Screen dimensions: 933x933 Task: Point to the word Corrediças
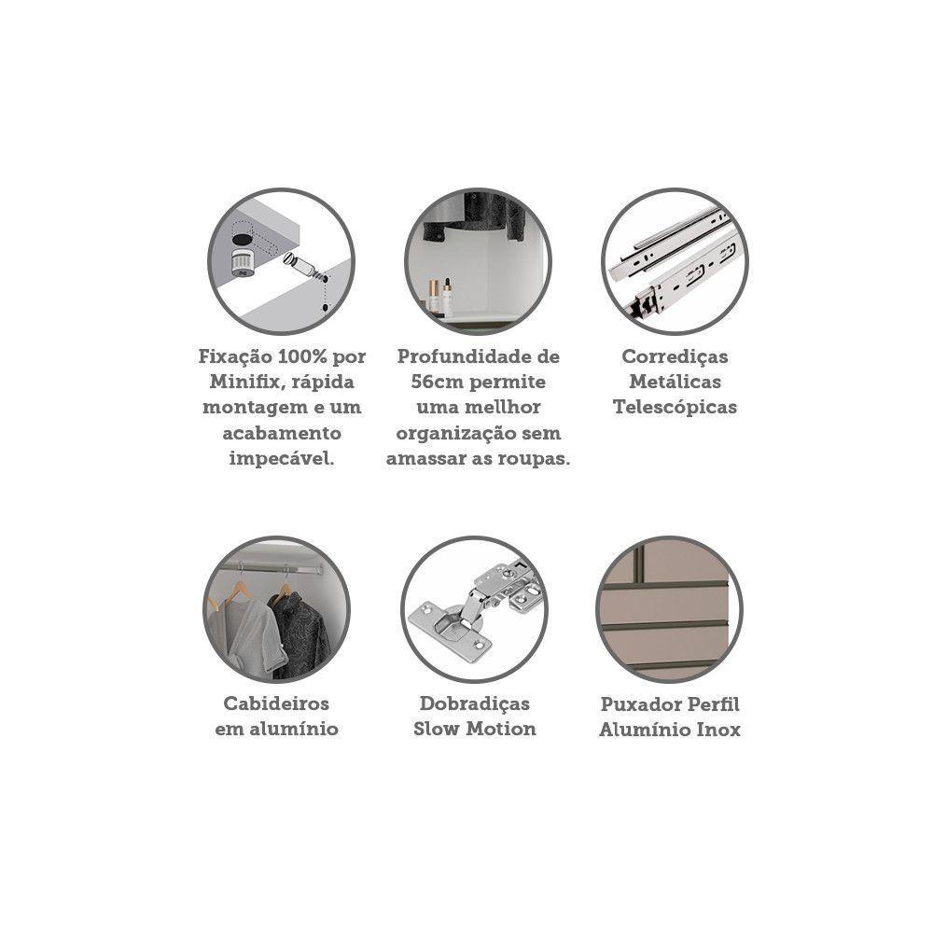tap(675, 357)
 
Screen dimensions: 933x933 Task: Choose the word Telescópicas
tap(675, 408)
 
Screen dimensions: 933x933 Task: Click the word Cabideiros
tap(276, 703)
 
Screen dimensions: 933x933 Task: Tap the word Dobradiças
tap(474, 703)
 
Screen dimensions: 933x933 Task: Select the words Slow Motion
tap(474, 729)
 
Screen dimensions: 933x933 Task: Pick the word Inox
tap(718, 730)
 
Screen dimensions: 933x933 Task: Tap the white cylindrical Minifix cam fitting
tap(243, 262)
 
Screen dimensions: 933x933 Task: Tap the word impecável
tap(282, 459)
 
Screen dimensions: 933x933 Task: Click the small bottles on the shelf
tap(439, 295)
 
